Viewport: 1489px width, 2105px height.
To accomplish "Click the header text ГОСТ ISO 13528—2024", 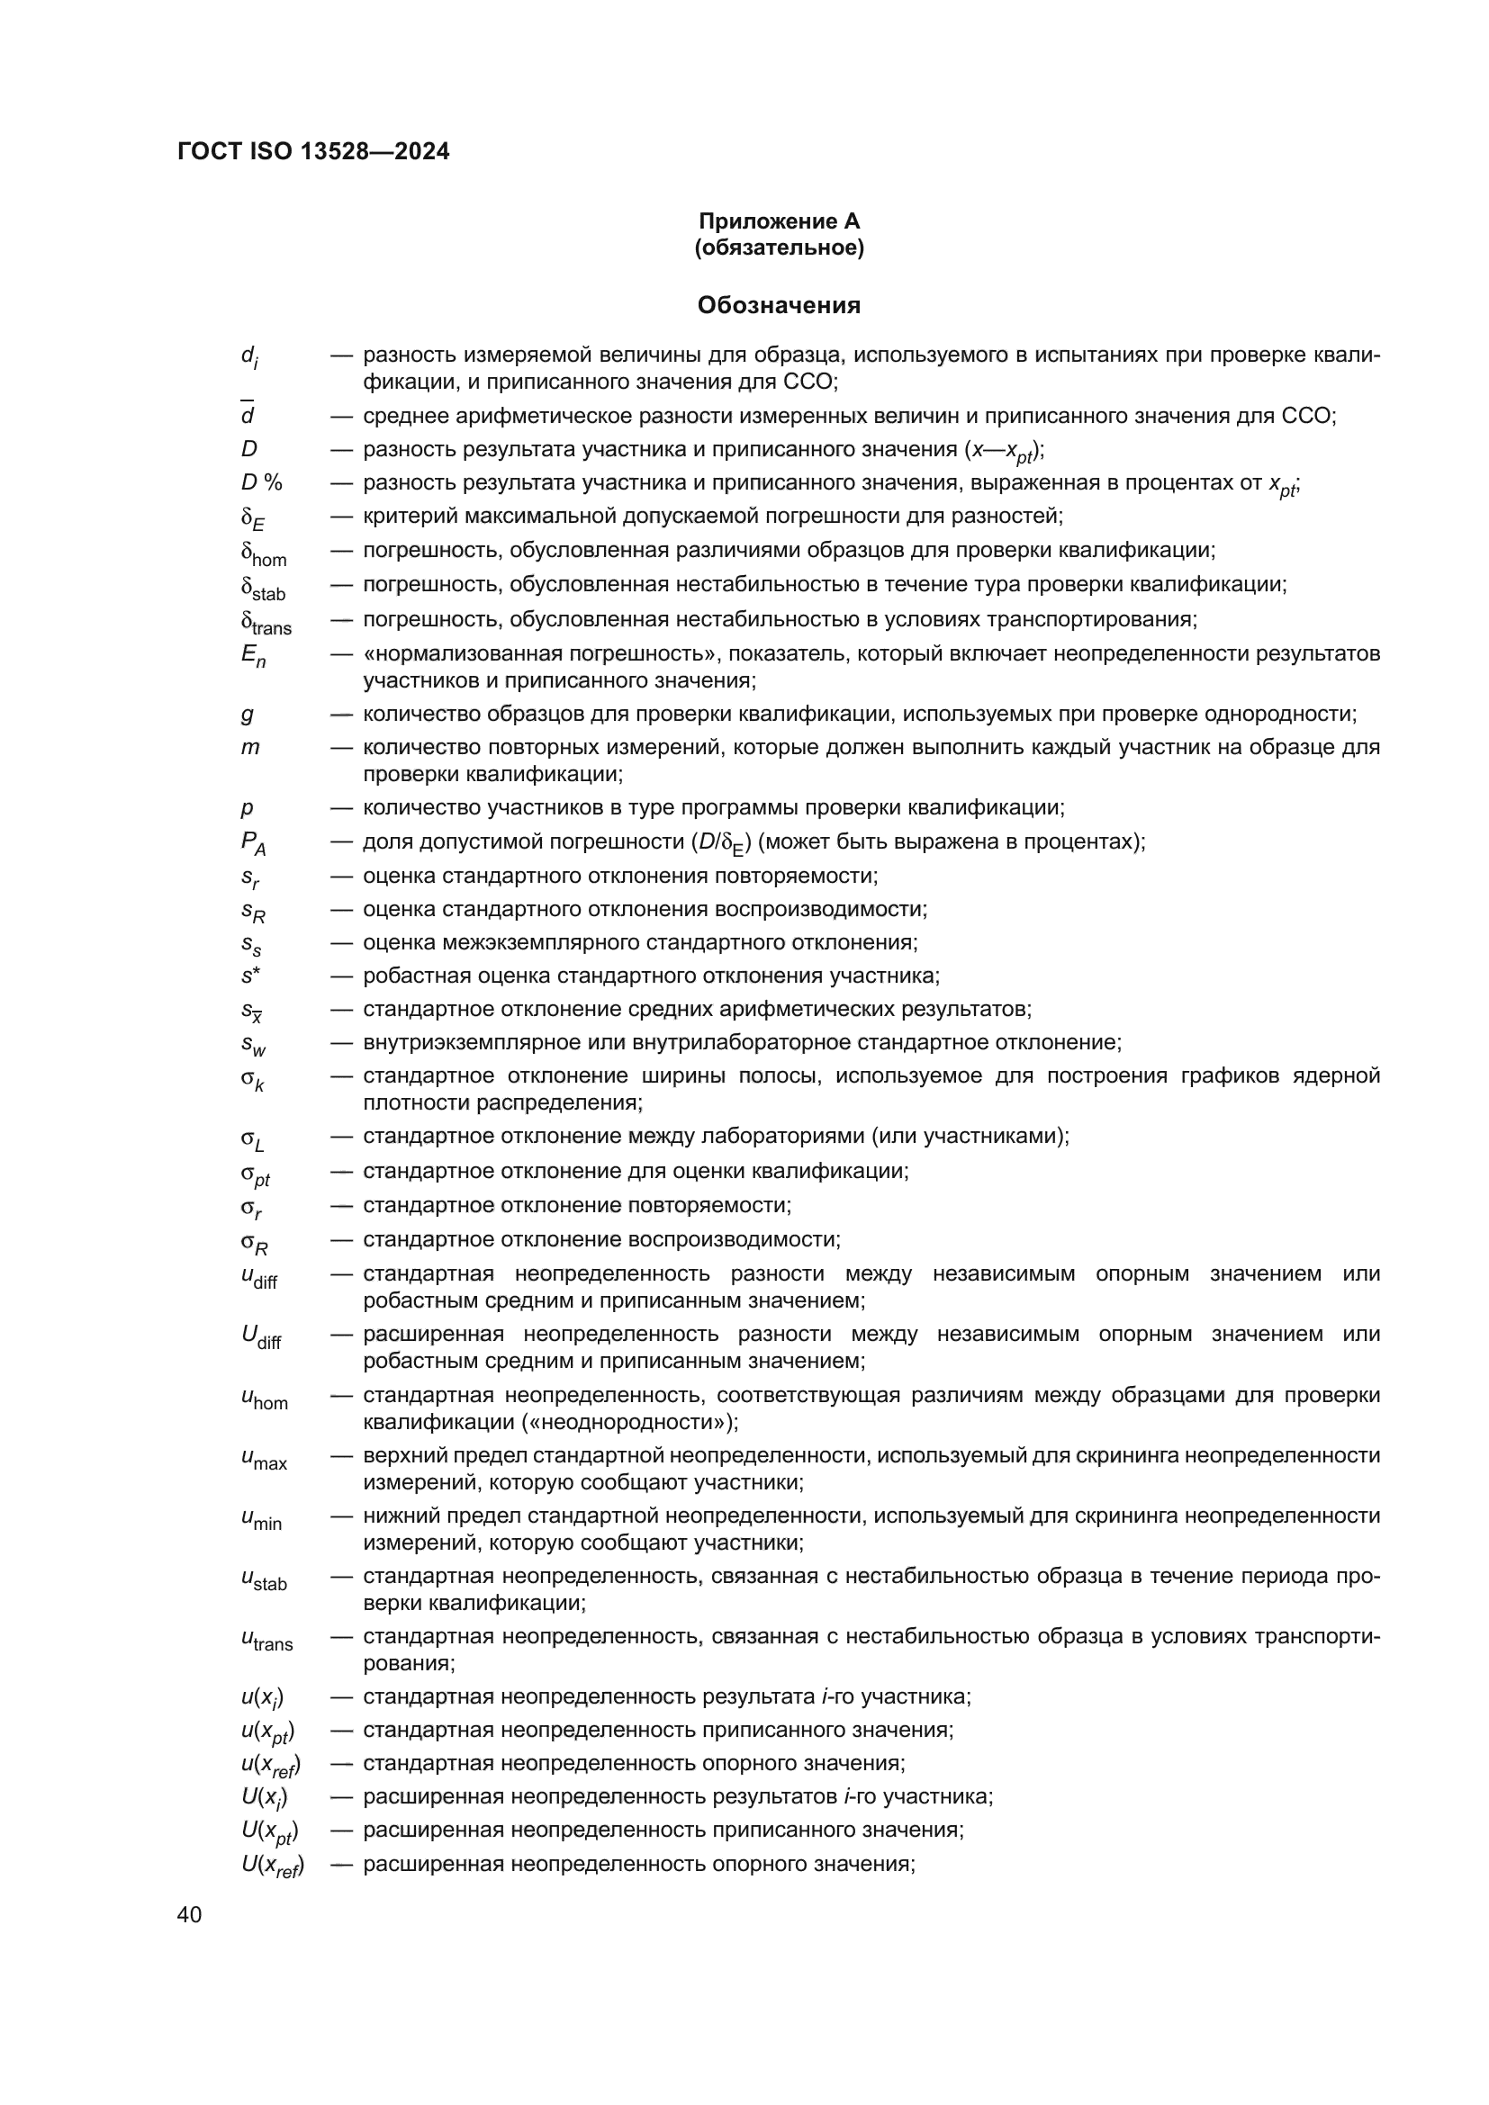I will point(313,152).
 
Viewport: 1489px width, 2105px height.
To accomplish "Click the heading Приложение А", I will point(779,221).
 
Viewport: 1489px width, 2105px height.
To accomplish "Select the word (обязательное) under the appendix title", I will point(779,247).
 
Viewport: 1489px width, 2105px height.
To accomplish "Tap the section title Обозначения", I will point(779,305).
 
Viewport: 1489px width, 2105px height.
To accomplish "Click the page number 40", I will point(190,1914).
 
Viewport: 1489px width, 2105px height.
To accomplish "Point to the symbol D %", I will point(261,482).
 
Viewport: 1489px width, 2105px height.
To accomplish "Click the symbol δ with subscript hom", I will point(263,553).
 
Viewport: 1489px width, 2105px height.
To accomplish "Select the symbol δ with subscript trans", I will point(266,623).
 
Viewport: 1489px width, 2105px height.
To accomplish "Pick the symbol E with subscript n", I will point(253,656).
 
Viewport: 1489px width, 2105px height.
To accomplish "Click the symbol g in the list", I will point(248,715).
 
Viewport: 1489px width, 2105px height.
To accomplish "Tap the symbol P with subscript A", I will point(254,843).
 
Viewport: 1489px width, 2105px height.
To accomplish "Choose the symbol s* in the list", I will point(250,976).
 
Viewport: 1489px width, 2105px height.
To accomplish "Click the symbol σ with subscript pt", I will point(256,1174).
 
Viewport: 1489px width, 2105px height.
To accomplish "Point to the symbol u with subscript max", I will point(264,1459).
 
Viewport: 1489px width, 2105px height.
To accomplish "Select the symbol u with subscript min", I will point(261,1519).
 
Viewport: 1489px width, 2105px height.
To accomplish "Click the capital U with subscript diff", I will point(261,1337).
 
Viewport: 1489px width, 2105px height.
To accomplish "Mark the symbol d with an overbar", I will point(248,414).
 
